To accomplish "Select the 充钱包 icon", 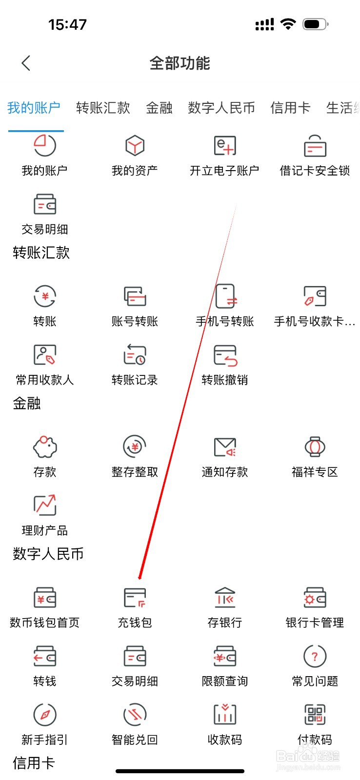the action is [135, 598].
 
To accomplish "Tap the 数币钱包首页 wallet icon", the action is [45, 598].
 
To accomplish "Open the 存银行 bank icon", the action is [224, 598].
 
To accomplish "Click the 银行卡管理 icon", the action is [315, 598].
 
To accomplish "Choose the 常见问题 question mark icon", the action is [315, 657].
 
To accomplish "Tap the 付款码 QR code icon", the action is [315, 715].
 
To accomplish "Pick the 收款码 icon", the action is [224, 715].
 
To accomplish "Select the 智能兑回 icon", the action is [135, 715].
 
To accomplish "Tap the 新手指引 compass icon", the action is [45, 715].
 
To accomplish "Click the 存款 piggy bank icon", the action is [45, 447].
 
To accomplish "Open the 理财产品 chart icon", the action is [45, 506].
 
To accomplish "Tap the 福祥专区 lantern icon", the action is [315, 447].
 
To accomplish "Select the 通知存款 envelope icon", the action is [224, 447].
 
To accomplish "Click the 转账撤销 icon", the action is [224, 355].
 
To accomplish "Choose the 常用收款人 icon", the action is [45, 355].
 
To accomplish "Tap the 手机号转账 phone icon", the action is [225, 296].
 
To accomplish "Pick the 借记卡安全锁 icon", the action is [315, 146].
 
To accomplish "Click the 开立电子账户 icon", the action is [224, 146].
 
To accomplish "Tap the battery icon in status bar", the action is [315, 24].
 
